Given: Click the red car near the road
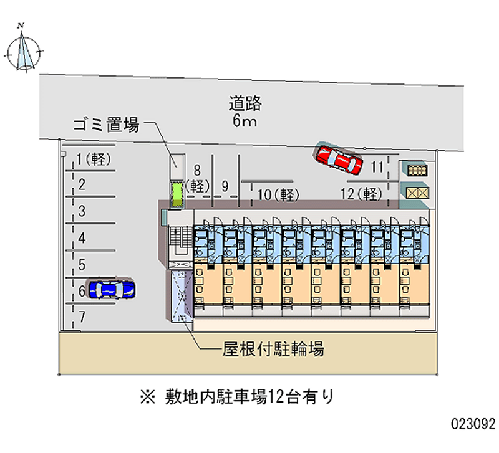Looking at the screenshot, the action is click(339, 159).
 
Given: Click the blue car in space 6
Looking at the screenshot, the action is click(112, 289).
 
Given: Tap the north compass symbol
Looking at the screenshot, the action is click(24, 52).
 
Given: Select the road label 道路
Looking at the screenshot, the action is click(245, 103).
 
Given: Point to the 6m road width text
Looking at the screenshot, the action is click(245, 121).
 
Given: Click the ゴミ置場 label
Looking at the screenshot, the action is click(106, 125).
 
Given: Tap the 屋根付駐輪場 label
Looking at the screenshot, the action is click(273, 349).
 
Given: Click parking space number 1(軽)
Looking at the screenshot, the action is click(94, 159).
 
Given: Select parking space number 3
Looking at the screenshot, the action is click(82, 211).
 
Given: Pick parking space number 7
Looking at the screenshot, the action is click(82, 317).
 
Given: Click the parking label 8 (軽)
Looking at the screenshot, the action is click(198, 179).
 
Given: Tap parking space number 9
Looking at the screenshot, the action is click(225, 186).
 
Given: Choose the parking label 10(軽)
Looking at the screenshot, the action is click(278, 194).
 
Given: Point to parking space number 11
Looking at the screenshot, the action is click(377, 167).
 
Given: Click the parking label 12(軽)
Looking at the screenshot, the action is click(362, 194).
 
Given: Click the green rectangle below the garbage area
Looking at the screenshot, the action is click(177, 194).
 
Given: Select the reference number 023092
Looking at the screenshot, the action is click(473, 424).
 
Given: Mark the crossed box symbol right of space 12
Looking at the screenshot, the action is click(417, 193).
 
